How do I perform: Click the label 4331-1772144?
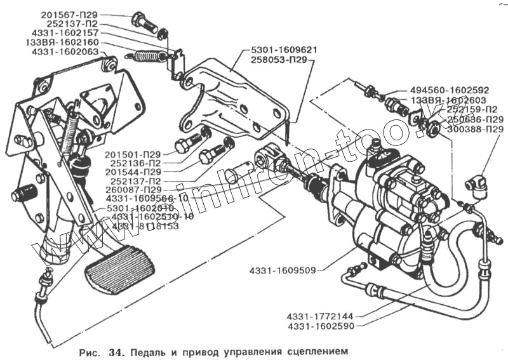coord(319,315)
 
